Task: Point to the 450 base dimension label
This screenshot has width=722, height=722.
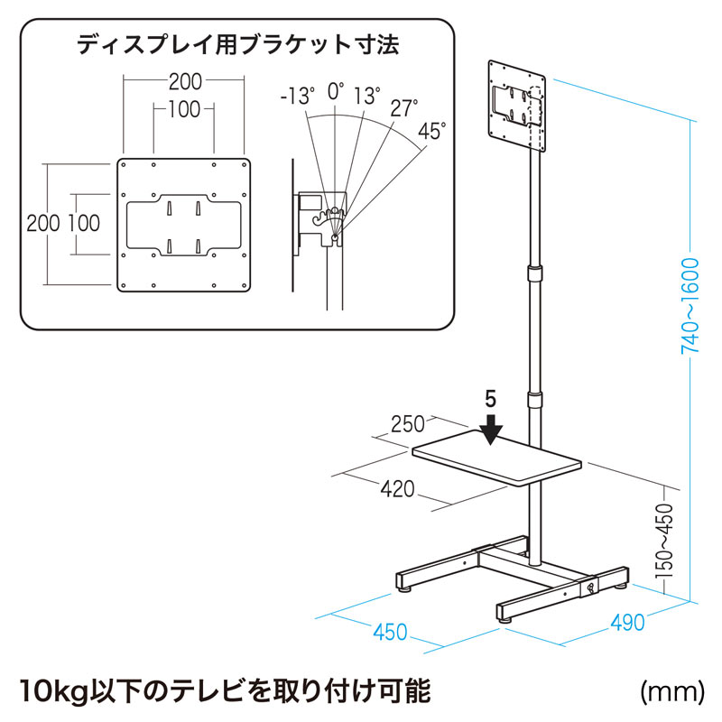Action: (390, 632)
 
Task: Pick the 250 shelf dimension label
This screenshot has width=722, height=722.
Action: (408, 424)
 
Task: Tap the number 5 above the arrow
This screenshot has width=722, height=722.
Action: (490, 399)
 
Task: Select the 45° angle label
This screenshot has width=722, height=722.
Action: (432, 132)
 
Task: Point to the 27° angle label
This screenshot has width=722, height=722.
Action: (403, 108)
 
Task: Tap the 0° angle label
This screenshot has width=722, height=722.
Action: (336, 90)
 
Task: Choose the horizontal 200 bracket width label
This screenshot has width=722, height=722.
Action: (184, 81)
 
